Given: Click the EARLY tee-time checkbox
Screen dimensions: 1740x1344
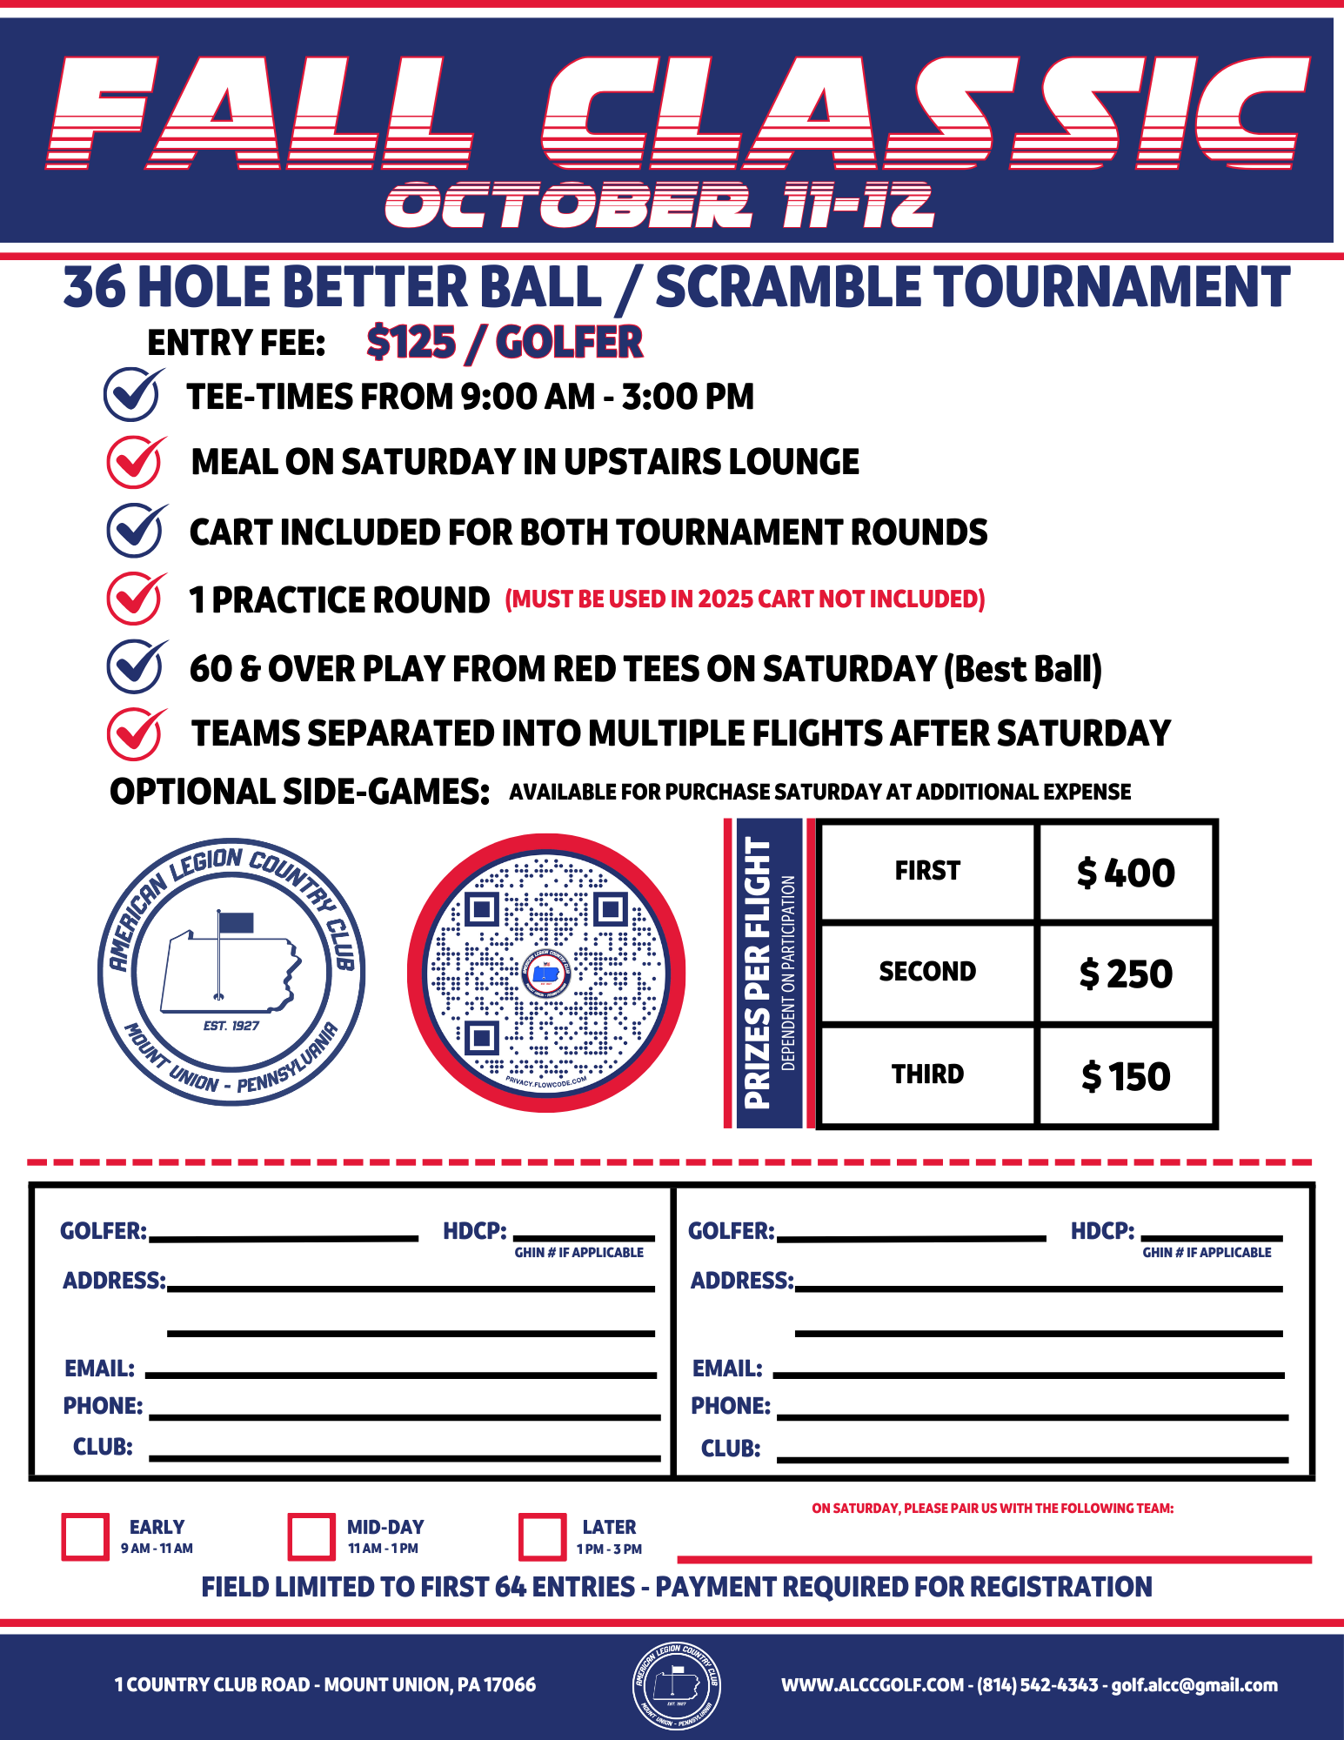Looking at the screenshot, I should tap(85, 1536).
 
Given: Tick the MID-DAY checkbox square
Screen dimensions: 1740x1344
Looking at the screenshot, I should tap(311, 1536).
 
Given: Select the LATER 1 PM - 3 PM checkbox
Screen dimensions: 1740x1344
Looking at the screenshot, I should tap(541, 1536).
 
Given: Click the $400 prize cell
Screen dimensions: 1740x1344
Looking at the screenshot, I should tap(1126, 873).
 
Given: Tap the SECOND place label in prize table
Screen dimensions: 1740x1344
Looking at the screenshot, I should tap(927, 972).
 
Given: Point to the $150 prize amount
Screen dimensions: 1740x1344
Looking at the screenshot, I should tap(1126, 1076).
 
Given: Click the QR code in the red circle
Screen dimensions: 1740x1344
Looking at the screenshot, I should tap(546, 973).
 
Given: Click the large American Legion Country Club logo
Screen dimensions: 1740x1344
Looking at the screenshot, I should tap(231, 973).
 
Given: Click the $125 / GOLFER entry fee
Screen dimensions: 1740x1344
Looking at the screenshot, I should tap(505, 342).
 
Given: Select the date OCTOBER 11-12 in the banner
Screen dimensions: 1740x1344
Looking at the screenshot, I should tap(659, 206).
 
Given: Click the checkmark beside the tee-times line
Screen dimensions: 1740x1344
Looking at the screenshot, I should tap(132, 394).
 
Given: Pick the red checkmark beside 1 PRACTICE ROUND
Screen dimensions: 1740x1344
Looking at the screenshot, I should tap(135, 599).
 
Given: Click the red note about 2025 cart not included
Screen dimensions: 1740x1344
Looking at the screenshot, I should tap(745, 599).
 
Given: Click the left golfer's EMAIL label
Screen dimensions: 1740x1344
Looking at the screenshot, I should tap(100, 1369).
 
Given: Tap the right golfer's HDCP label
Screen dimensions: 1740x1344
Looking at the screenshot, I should tap(1102, 1231).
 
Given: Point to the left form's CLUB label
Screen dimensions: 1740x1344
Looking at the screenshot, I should tap(103, 1447).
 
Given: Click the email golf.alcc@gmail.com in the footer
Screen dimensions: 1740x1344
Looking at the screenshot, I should tap(1194, 1685).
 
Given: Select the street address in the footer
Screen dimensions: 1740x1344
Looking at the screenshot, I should tap(325, 1685).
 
